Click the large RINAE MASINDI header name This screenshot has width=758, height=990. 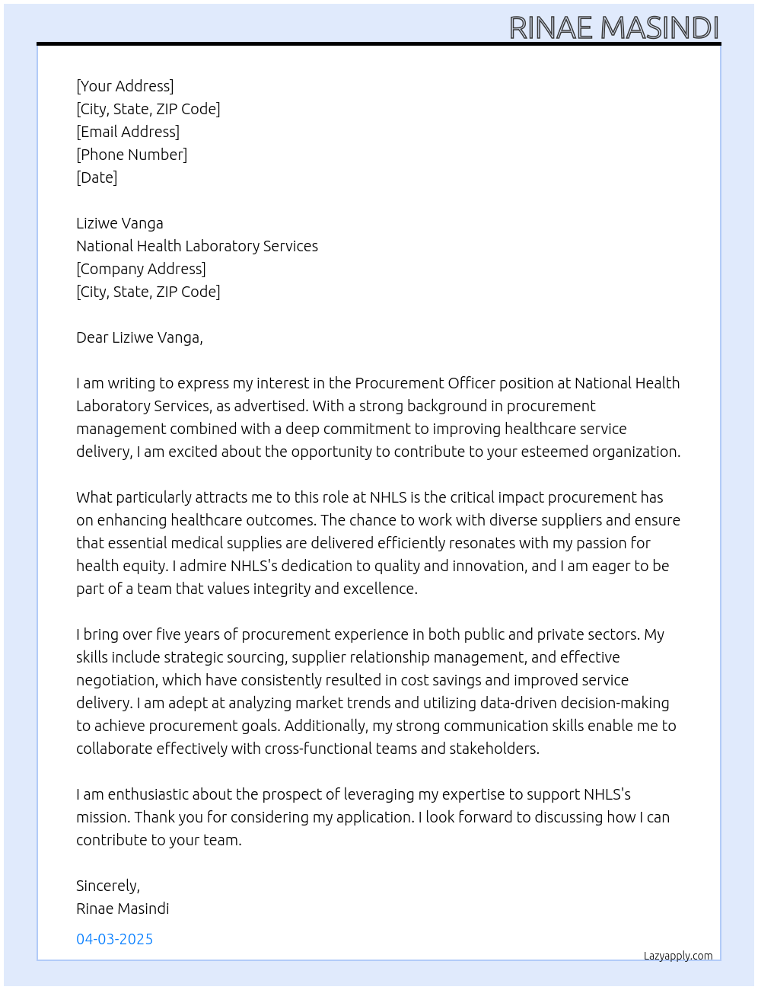613,27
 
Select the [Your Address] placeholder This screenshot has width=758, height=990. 125,86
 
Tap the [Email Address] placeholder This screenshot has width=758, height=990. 128,132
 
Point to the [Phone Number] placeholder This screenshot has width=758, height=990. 132,155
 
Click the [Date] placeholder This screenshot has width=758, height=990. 97,177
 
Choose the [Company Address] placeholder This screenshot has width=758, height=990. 141,269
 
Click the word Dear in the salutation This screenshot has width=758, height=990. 92,337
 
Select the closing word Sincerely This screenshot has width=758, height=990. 107,886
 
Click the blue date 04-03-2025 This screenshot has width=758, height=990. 115,939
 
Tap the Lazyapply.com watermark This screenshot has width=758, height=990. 678,956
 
